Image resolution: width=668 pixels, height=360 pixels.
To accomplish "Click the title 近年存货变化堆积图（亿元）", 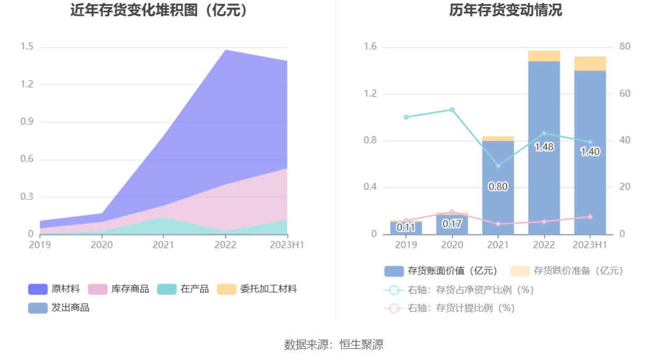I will [159, 10].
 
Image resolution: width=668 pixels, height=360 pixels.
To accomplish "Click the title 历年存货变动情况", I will [505, 10].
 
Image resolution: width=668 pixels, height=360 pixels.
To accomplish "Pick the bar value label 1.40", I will [590, 152].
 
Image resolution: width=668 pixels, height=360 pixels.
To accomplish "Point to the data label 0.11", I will [406, 227].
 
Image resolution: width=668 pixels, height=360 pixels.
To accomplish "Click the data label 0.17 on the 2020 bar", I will [452, 224].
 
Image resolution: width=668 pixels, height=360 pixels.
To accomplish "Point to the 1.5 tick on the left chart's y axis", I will [27, 47].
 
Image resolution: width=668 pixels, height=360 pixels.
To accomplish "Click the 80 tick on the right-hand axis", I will [625, 47].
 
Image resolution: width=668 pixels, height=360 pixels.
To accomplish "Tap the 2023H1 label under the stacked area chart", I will [287, 245].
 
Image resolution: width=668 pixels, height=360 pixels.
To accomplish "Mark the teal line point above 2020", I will [452, 109].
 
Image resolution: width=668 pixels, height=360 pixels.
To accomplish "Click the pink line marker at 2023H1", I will [590, 216].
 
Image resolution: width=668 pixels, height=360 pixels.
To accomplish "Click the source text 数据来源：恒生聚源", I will [333, 344].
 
